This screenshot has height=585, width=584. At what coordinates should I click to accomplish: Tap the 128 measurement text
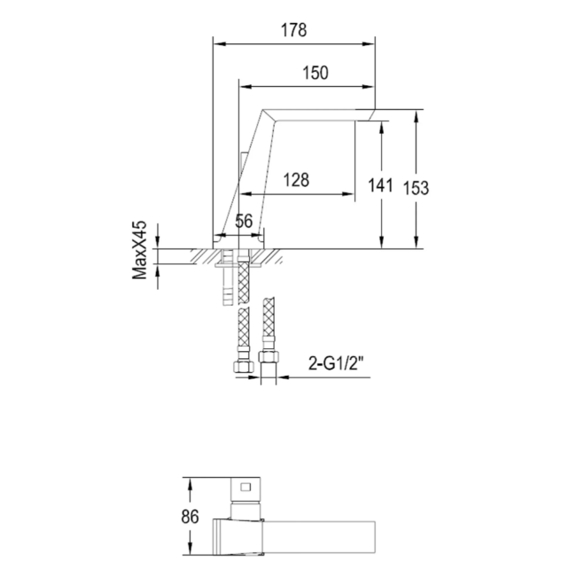[x=295, y=180]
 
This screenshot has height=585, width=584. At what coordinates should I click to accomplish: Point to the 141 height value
[x=379, y=185]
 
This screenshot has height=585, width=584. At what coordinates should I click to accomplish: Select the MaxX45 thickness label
[x=139, y=252]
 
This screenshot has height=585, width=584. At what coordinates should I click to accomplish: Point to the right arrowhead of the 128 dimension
[x=350, y=193]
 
